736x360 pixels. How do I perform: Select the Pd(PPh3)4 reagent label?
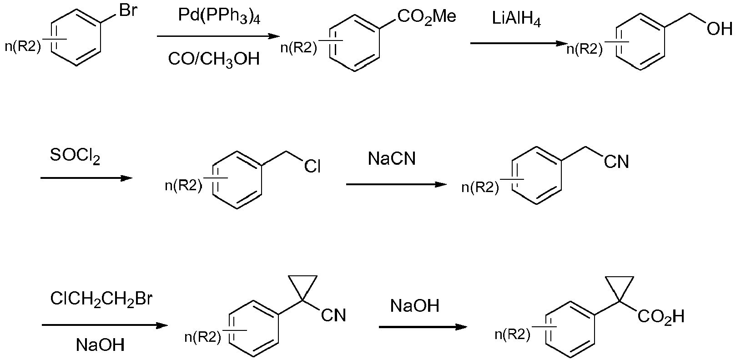point(219,16)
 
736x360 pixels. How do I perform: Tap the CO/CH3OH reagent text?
point(214,59)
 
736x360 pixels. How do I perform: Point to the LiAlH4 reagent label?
point(516,20)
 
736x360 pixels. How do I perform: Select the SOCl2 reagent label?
point(75,156)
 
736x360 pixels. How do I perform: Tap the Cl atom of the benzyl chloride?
point(312,167)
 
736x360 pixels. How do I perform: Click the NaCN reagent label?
point(392,158)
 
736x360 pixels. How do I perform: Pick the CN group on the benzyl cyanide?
point(616,162)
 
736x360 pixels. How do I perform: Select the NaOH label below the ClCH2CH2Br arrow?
point(100,345)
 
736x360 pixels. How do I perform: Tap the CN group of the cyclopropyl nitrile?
point(333,315)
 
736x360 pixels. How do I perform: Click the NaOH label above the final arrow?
point(415,306)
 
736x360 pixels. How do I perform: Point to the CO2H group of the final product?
point(661,317)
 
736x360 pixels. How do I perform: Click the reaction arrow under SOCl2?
point(86,178)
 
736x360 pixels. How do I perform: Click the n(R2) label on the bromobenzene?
point(23,46)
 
